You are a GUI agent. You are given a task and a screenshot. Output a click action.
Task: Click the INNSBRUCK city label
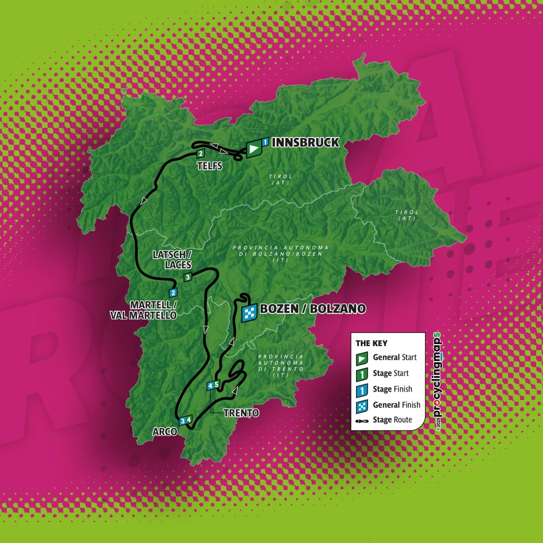coord(305,143)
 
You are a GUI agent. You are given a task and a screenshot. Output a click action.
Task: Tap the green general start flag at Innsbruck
coord(253,149)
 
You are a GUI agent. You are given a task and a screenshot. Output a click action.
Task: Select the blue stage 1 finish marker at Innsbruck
coord(265,142)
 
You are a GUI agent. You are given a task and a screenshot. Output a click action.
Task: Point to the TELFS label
coord(210,166)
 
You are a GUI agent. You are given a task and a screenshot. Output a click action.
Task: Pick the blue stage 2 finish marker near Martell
coord(173,292)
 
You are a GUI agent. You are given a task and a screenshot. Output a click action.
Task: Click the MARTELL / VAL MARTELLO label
coord(143,310)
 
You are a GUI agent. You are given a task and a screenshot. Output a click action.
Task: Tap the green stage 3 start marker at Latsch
coord(188,277)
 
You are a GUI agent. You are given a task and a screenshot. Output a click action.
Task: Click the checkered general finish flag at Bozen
coord(249,313)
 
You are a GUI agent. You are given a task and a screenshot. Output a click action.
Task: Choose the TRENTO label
coord(241,413)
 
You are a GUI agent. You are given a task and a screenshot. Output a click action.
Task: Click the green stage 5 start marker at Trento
coord(216,385)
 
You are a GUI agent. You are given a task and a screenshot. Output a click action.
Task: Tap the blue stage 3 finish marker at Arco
coord(182,421)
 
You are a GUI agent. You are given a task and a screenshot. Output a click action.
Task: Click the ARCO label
coord(165,432)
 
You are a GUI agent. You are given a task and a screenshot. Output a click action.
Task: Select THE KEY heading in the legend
coord(371,344)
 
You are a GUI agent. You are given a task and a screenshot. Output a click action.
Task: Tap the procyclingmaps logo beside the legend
coord(437,381)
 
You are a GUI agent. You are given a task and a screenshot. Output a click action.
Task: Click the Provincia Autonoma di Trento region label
coord(281,366)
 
